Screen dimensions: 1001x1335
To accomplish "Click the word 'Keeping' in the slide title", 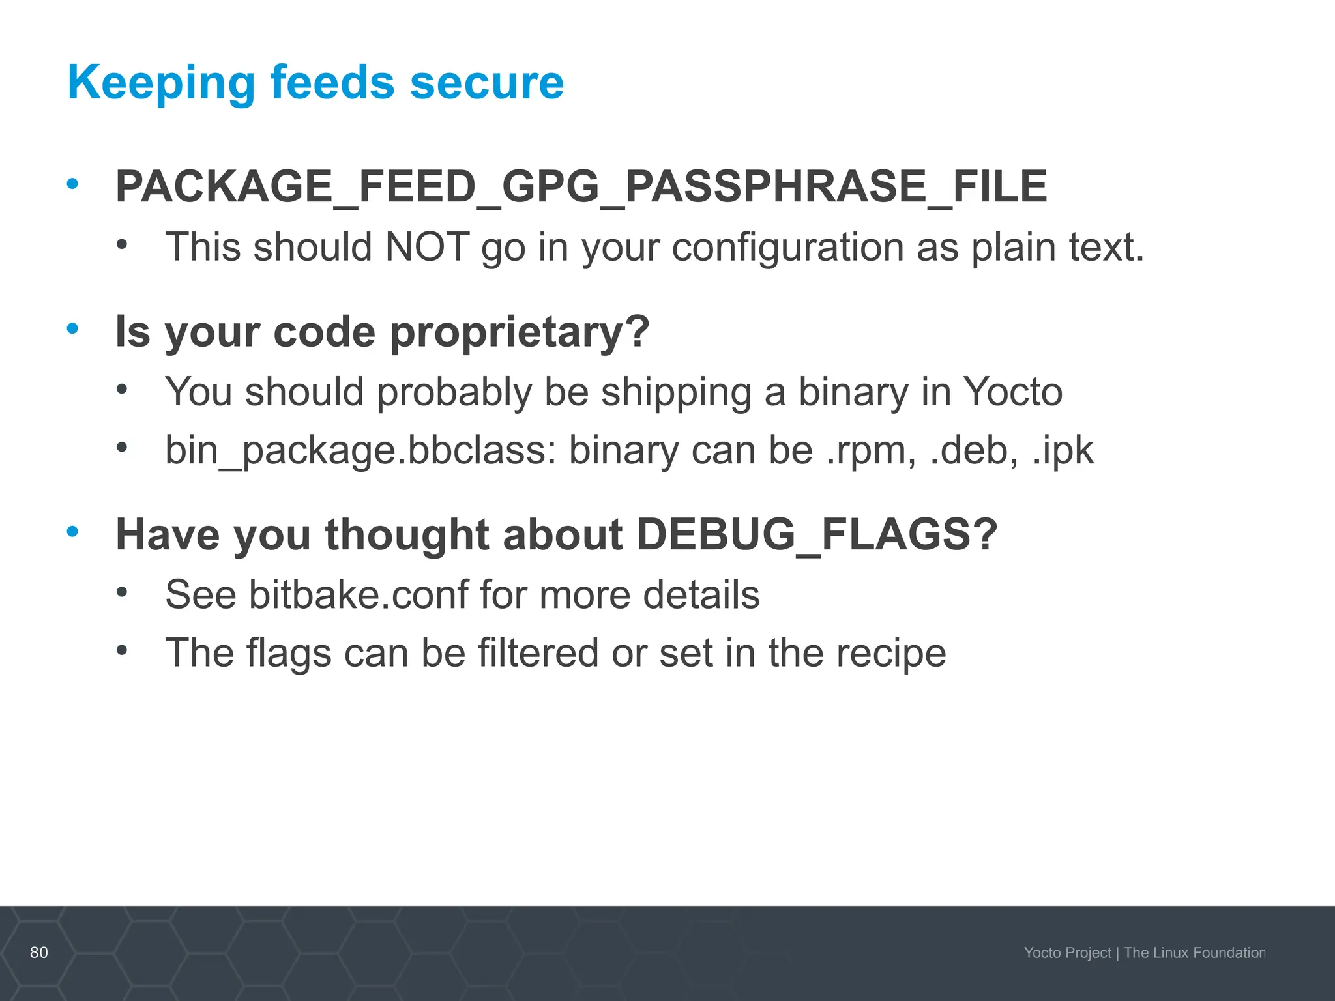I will [x=161, y=83].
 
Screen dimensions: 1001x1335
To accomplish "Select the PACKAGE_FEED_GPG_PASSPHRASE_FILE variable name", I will [x=581, y=187].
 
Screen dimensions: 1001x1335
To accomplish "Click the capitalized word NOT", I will [x=427, y=248].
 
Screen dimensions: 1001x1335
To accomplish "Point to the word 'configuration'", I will [x=787, y=248].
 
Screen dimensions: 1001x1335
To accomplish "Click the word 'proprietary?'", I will [x=520, y=332].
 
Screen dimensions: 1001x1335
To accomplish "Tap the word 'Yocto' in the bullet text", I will [x=1012, y=392].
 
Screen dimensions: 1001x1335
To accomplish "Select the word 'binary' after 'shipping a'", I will [x=853, y=392].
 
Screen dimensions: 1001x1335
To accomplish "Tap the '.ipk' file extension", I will [x=1063, y=450].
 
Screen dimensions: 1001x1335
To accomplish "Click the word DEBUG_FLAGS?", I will [x=817, y=535].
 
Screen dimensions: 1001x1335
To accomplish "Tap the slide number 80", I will [x=39, y=952].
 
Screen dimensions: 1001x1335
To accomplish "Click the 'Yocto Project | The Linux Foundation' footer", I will [x=1144, y=953].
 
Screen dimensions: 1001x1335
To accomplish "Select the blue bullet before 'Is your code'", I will [x=72, y=328].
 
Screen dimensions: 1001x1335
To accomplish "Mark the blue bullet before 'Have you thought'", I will [x=72, y=532].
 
